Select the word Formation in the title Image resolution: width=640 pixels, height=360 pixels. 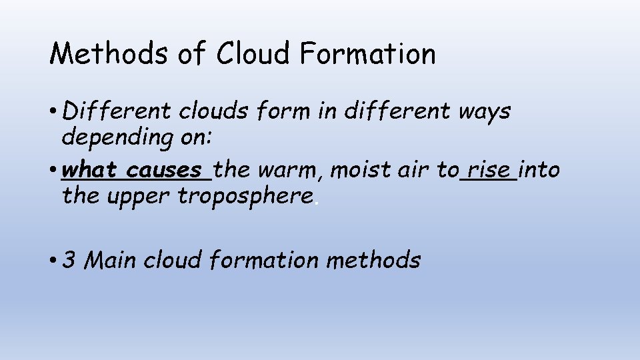[x=368, y=53]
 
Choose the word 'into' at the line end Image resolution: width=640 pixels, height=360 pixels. [x=539, y=170]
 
